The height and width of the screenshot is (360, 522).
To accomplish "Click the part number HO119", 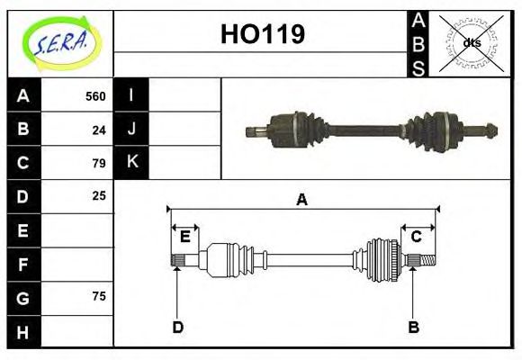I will pyautogui.click(x=262, y=34).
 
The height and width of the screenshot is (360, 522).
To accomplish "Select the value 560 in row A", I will pyautogui.click(x=95, y=95).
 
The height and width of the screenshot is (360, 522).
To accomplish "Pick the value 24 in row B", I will pyautogui.click(x=99, y=129).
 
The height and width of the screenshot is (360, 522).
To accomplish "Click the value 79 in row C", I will pyautogui.click(x=99, y=163).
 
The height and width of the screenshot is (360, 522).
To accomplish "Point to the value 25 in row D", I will pyautogui.click(x=99, y=195).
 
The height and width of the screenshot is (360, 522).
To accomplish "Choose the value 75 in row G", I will pyautogui.click(x=99, y=296).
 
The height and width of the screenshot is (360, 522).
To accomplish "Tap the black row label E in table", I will pyautogui.click(x=23, y=230).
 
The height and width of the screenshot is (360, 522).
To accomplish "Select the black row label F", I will pyautogui.click(x=23, y=265).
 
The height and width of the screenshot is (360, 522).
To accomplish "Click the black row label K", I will pyautogui.click(x=131, y=162).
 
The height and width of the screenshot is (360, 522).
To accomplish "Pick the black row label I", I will pyautogui.click(x=131, y=94).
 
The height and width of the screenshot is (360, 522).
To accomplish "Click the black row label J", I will pyautogui.click(x=131, y=129).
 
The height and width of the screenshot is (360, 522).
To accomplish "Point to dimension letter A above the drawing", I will pyautogui.click(x=302, y=200).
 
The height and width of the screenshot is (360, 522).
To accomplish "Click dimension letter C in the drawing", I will pyautogui.click(x=417, y=237).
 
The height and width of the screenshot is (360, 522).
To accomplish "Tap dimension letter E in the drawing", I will pyautogui.click(x=185, y=237).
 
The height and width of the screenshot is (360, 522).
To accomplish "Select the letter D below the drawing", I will pyautogui.click(x=177, y=327).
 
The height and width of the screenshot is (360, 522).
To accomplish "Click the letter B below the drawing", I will pyautogui.click(x=413, y=327).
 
